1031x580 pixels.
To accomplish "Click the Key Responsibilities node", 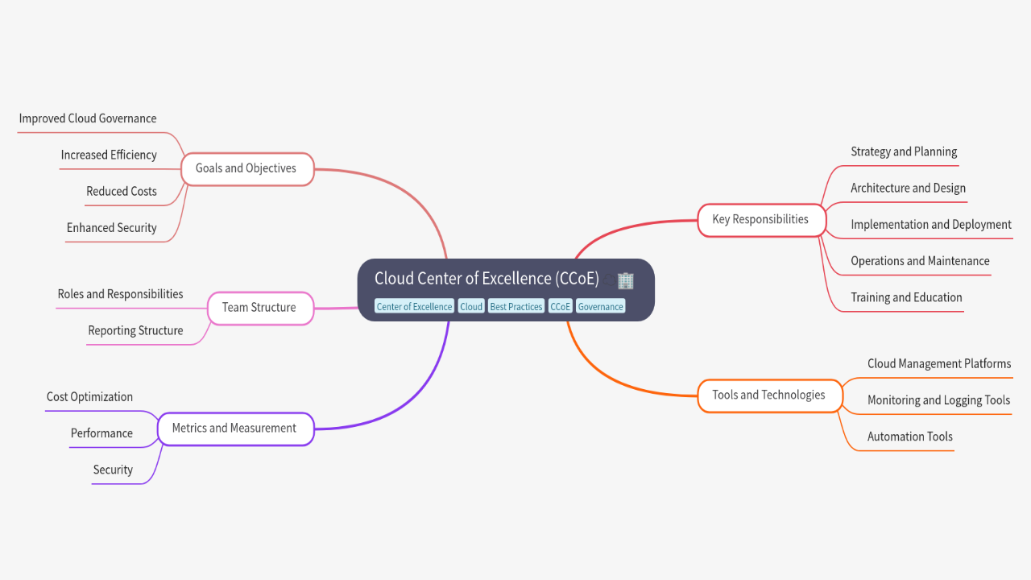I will (x=760, y=219).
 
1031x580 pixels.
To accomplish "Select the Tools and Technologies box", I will (x=768, y=395).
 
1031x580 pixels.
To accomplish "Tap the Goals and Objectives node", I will (x=246, y=168).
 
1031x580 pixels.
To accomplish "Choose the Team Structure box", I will (x=259, y=307).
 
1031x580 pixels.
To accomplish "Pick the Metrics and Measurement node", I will (x=234, y=428).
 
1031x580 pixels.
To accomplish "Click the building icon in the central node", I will (x=625, y=280).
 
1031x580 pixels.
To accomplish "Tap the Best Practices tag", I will (x=515, y=307).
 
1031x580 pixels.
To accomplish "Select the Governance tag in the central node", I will (x=600, y=307).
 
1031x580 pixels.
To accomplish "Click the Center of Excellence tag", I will (x=414, y=307).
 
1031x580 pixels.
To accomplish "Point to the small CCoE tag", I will (x=561, y=307).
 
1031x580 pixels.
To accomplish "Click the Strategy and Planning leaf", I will (x=904, y=151).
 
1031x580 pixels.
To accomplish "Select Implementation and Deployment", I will (x=930, y=225).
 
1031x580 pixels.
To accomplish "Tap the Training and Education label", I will (x=906, y=297).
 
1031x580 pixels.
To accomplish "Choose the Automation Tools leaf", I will (x=909, y=437).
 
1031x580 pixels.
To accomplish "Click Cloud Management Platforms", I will (x=938, y=363).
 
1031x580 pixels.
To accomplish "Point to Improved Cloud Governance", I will (x=88, y=118).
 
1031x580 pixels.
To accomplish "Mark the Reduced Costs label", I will (x=122, y=191).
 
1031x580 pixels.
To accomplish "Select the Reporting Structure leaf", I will (x=135, y=330).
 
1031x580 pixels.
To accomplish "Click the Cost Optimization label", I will (x=89, y=396).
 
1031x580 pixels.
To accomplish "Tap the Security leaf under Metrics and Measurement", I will (x=113, y=470).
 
